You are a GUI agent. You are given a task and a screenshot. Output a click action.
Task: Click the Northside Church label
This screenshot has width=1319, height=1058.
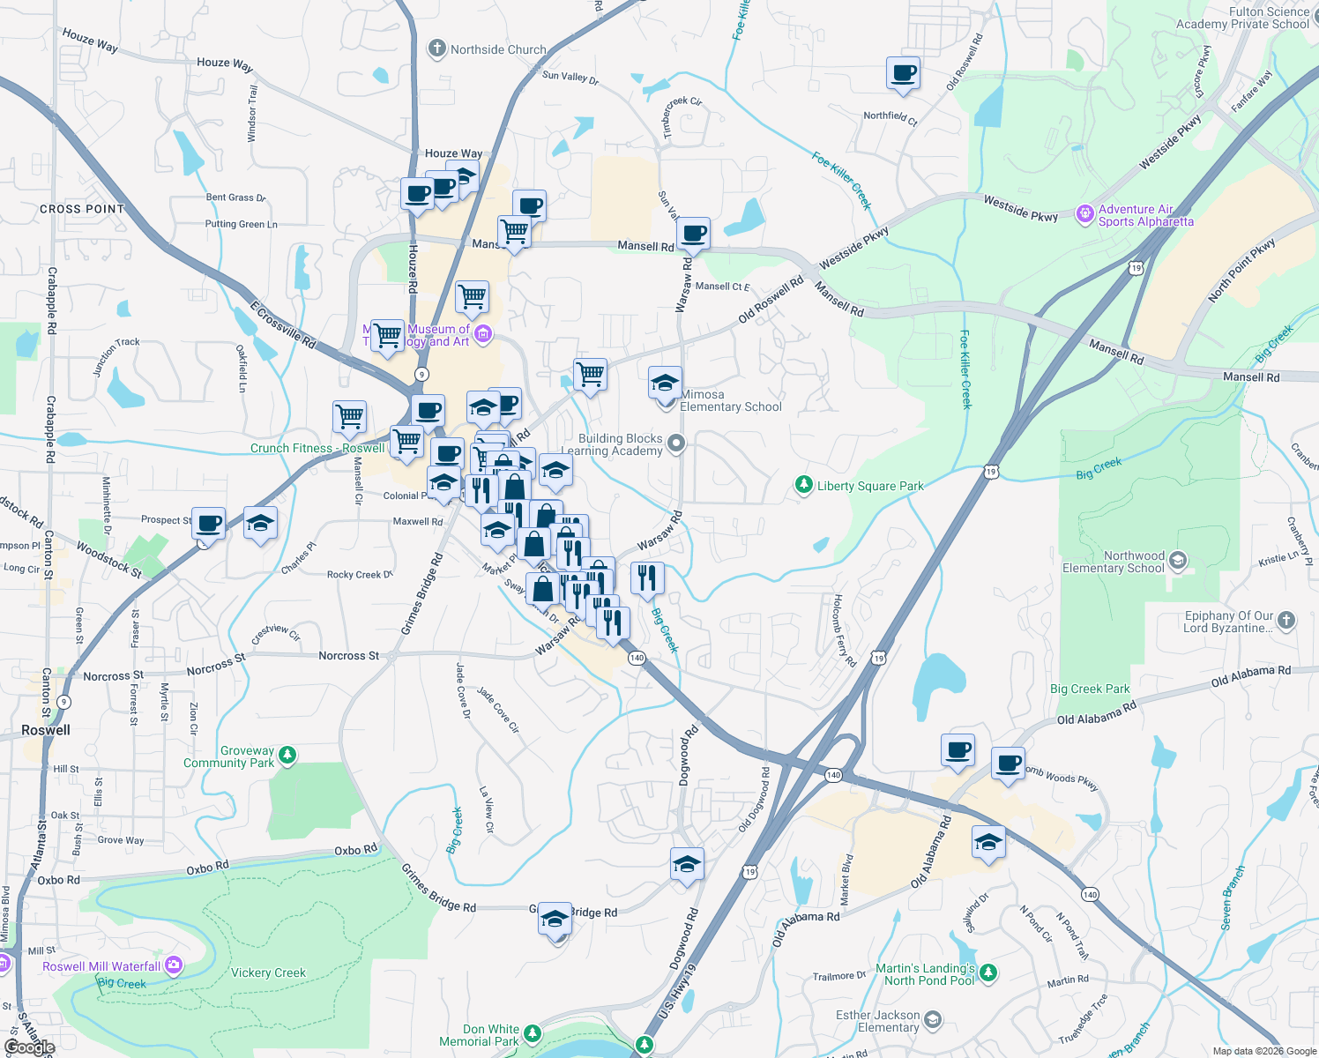pos(498,49)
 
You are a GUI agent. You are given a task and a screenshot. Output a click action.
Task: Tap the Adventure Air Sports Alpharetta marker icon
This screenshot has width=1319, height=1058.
pos(1085,212)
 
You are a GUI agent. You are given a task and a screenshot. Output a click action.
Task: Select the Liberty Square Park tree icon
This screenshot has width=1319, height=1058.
pos(803,485)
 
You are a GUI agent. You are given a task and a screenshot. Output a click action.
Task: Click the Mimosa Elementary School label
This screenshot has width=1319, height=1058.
pos(731,401)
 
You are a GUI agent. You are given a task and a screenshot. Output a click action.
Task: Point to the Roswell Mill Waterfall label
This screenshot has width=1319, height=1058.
pos(101,966)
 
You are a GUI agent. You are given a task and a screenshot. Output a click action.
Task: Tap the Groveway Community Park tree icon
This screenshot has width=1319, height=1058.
pos(287,756)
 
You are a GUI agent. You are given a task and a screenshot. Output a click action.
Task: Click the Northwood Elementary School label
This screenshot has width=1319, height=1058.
pos(1114,563)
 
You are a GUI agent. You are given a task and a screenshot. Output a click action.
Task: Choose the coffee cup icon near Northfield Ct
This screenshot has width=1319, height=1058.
pos(903,73)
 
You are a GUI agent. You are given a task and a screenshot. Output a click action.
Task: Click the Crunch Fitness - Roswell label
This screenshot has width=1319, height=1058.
pos(317,448)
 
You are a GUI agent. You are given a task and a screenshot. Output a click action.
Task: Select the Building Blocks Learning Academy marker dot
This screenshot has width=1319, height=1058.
pos(676,443)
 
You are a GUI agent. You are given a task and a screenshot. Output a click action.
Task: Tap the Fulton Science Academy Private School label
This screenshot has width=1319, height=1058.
pos(1243,18)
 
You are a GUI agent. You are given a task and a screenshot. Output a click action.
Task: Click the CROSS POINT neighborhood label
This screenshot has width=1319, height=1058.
pos(82,209)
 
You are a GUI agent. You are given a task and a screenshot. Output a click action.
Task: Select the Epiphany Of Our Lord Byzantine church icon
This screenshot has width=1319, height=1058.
pos(1286,621)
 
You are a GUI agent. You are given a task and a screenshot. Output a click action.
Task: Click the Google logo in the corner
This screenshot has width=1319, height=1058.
pos(29,1047)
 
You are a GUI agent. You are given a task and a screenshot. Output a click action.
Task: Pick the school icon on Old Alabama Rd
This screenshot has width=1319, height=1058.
pos(988,841)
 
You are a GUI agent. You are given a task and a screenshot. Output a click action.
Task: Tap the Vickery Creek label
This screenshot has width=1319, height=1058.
pos(268,972)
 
